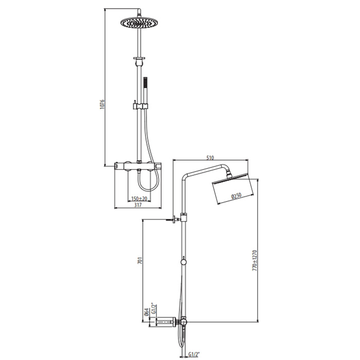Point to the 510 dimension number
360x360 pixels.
(x=209, y=157)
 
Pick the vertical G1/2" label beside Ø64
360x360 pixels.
(x=153, y=311)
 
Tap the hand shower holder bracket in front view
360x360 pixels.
(x=139, y=106)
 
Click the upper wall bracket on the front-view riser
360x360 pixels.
(x=139, y=59)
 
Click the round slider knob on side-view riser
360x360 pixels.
(x=184, y=262)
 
